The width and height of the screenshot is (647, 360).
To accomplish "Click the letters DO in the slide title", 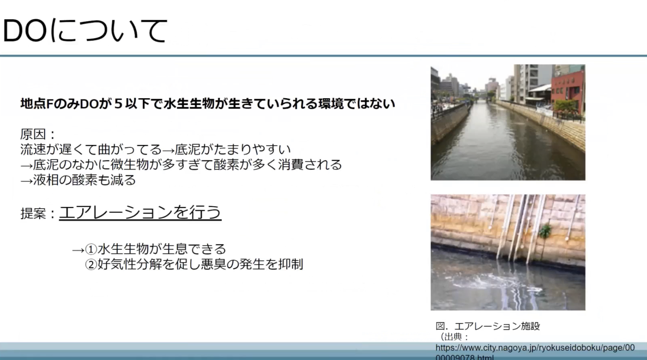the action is coord(25,31).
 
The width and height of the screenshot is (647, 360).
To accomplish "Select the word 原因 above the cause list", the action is coord(33,134).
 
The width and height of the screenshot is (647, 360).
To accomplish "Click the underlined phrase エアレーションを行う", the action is coord(140,212).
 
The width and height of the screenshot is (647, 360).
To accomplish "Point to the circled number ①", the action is coord(91,249).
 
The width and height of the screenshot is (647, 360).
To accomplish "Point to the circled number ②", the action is coord(91,264).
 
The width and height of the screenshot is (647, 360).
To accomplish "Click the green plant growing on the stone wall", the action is coord(545,231).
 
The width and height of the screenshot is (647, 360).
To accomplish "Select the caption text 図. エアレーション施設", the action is coord(488,326).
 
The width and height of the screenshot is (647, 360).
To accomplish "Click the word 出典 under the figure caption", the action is coord(454,337).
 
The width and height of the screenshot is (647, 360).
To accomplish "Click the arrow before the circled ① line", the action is coord(78,250).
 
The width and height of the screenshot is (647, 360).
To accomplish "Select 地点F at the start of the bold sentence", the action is coord(37,104).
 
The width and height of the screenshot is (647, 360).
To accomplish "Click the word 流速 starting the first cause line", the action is coord(33,149).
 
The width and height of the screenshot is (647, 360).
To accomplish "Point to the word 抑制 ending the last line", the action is coord(290,264).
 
